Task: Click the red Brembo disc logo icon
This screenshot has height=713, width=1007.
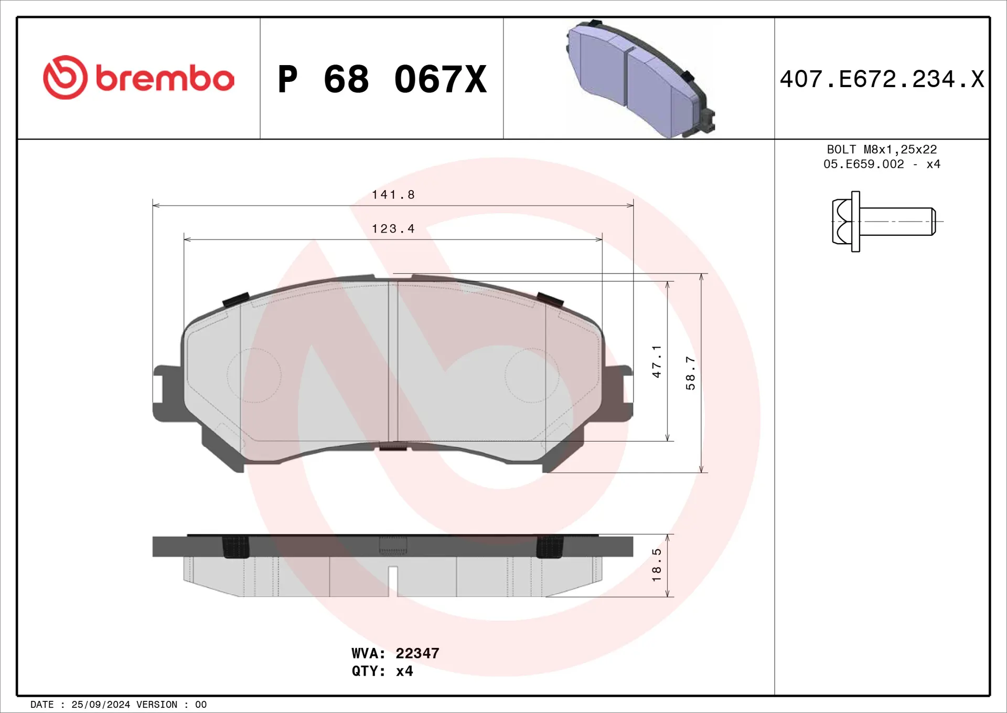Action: click(x=65, y=78)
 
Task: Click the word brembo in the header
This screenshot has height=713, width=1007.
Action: click(x=165, y=79)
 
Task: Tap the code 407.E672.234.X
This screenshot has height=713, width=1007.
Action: click(x=882, y=79)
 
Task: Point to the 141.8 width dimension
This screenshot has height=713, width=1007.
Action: click(x=393, y=195)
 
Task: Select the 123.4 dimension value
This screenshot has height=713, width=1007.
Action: click(x=393, y=229)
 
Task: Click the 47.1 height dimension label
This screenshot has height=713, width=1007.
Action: click(x=657, y=361)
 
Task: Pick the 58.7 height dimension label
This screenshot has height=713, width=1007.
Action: click(x=690, y=373)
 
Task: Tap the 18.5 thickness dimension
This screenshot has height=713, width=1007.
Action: click(x=657, y=565)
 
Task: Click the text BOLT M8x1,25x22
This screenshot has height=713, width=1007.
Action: click(x=882, y=150)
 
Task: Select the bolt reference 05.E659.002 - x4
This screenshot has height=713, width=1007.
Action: click(x=882, y=164)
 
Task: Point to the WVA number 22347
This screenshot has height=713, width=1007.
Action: click(x=417, y=653)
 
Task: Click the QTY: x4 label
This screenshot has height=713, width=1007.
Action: click(x=382, y=671)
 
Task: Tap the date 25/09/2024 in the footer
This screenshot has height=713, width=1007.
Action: click(x=101, y=705)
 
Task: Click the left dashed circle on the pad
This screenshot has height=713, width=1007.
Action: click(x=254, y=375)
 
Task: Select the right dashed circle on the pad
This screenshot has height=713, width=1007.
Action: click(x=532, y=375)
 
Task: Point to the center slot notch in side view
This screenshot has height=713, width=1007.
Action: click(x=393, y=581)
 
